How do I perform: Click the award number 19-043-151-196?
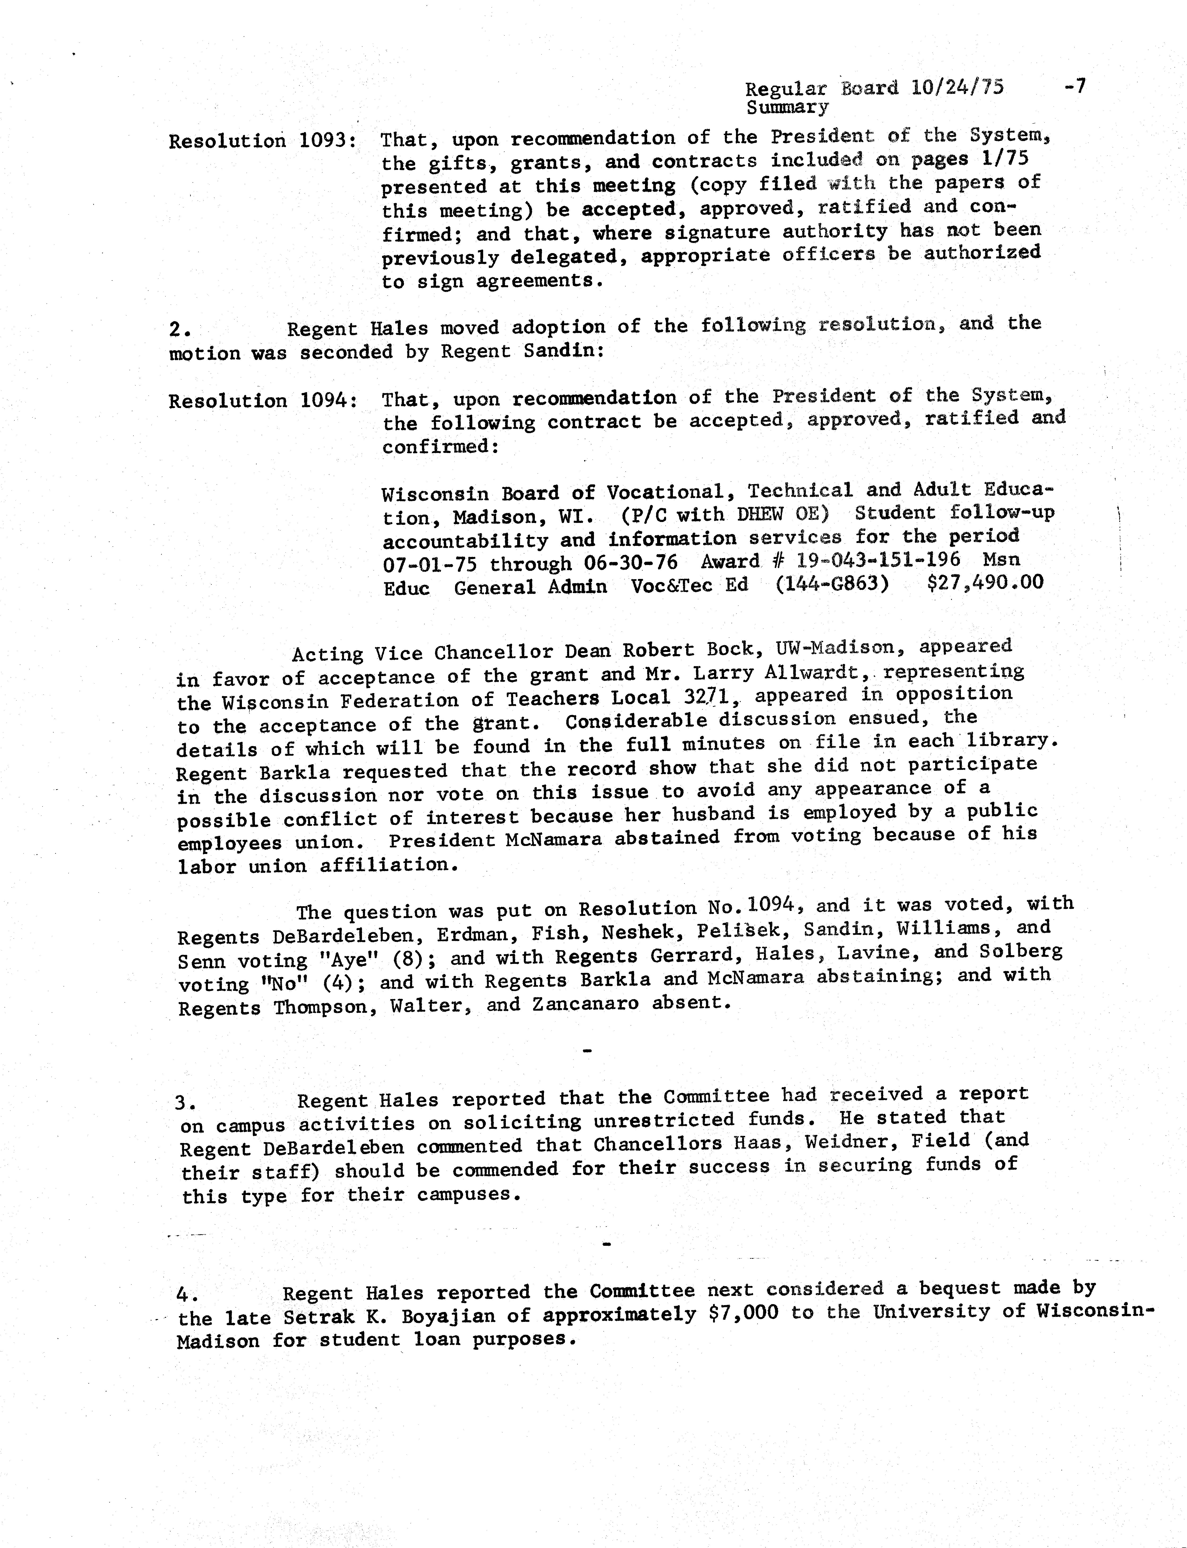tap(878, 560)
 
